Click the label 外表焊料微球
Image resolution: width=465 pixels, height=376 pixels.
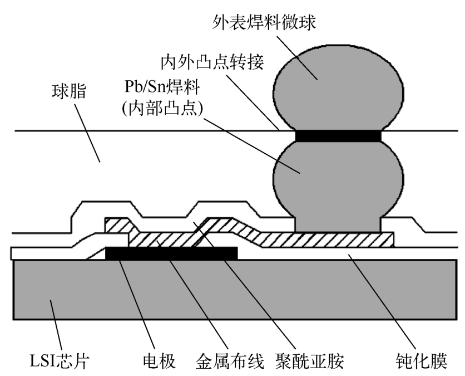[x=264, y=23]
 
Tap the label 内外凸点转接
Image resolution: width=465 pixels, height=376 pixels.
[x=212, y=62]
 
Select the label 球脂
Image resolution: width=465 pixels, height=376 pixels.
[x=69, y=91]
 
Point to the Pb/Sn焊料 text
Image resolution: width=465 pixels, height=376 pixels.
[x=162, y=87]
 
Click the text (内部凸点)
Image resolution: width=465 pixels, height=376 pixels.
[x=162, y=108]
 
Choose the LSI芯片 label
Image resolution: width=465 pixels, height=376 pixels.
[x=60, y=361]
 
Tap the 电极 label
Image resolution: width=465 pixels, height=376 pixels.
[x=159, y=361]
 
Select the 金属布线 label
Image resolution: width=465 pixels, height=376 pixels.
[x=230, y=361]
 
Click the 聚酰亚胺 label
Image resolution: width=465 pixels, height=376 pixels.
[x=310, y=361]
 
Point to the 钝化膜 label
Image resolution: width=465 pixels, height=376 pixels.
[x=422, y=361]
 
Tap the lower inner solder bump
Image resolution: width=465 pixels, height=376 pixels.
[x=338, y=184]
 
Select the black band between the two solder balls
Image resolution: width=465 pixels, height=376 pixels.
[x=338, y=136]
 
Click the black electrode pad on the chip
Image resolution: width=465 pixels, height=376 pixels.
[x=171, y=253]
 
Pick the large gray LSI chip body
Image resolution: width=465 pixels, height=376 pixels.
[x=235, y=290]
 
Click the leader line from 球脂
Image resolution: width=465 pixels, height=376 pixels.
[x=87, y=133]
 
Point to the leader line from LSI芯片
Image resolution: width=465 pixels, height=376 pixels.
[x=56, y=325]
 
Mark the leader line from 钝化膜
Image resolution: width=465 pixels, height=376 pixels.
[x=383, y=301]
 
